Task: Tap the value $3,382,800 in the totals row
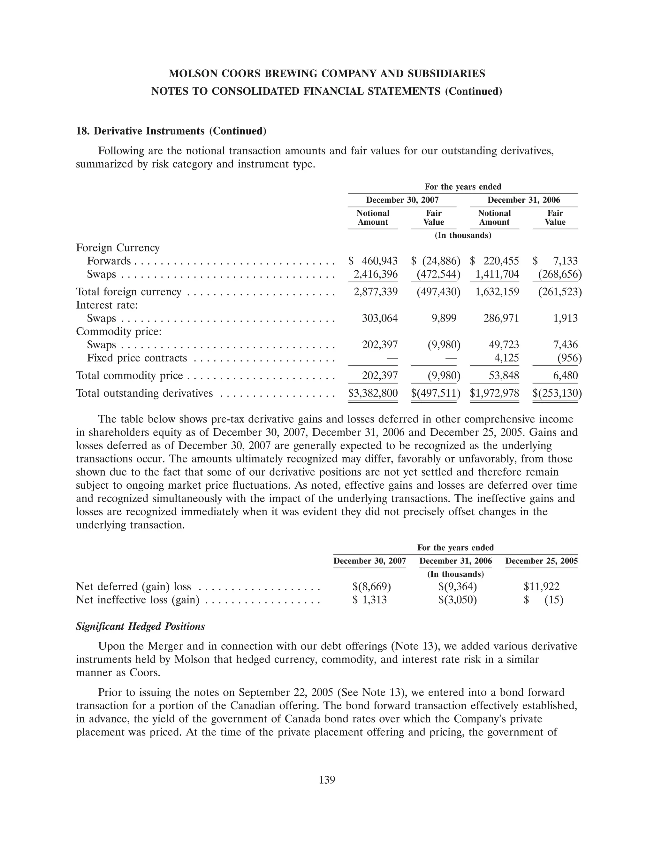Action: (373, 393)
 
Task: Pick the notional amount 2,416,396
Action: (375, 274)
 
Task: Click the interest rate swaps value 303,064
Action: (380, 318)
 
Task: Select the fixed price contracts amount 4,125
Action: (505, 358)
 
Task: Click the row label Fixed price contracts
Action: (137, 358)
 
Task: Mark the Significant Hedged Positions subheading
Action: (140, 626)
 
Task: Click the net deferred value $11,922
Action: (542, 586)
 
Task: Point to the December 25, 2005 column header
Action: (541, 561)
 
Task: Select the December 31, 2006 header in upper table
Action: (524, 200)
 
